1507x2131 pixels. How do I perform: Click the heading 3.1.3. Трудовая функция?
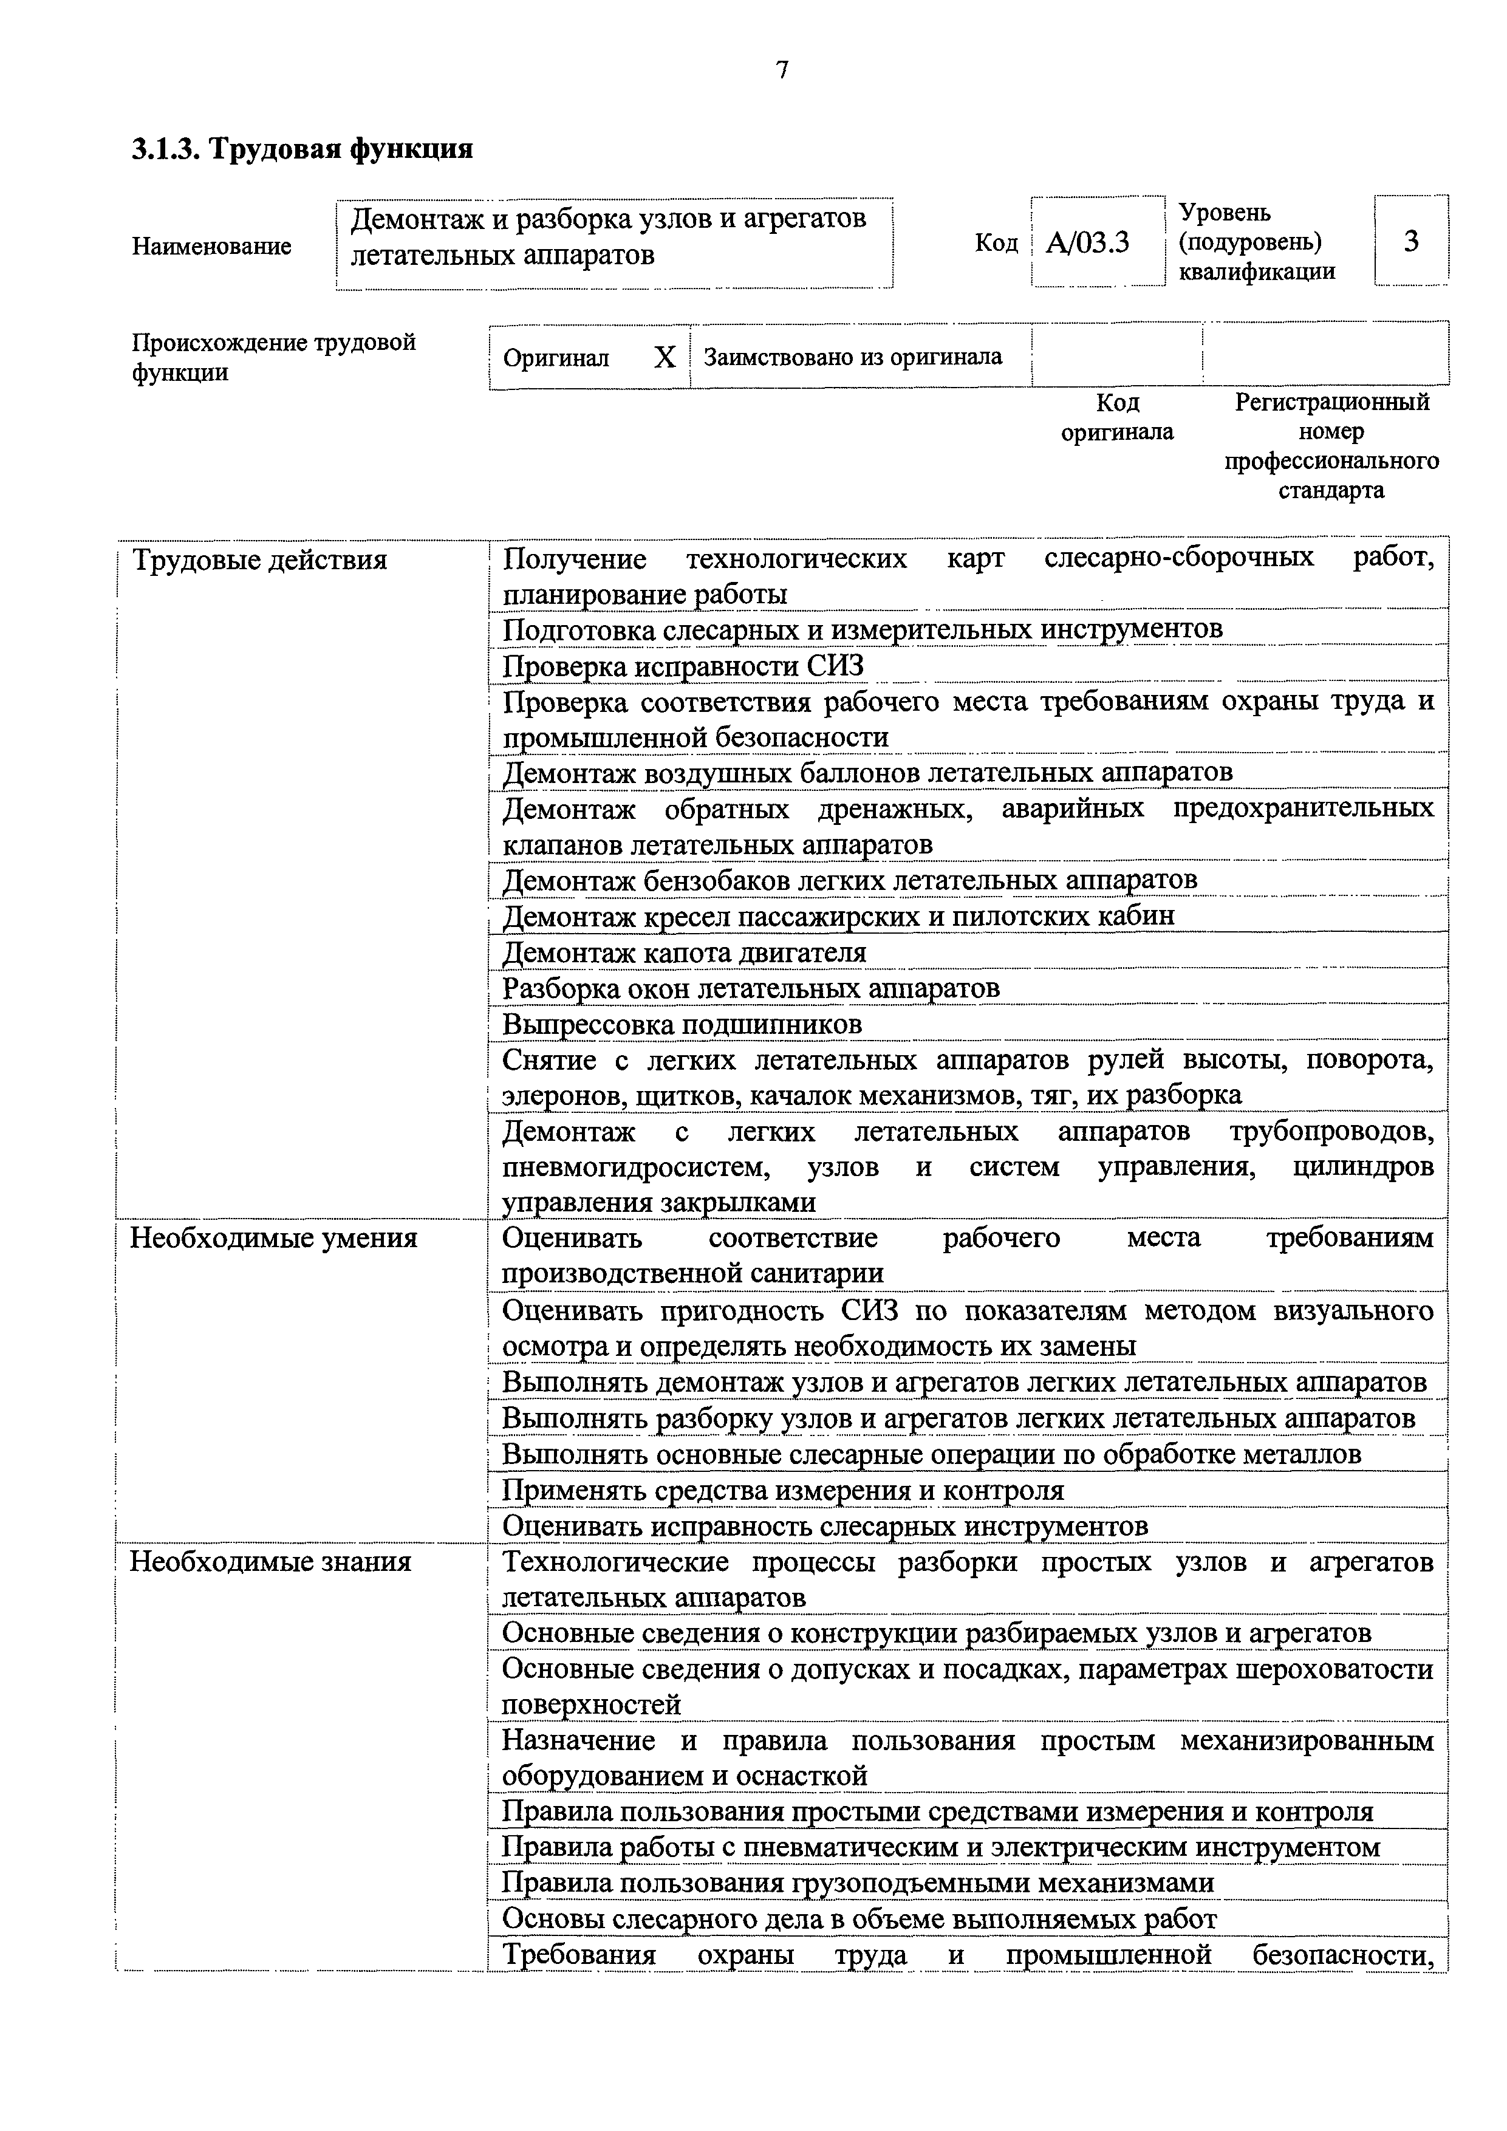pyautogui.click(x=302, y=148)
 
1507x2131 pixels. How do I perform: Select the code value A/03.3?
pyautogui.click(x=1087, y=243)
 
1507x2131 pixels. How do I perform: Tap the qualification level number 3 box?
pyautogui.click(x=1410, y=241)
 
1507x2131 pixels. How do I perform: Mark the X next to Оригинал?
pyautogui.click(x=665, y=357)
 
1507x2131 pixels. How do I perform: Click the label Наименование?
pyautogui.click(x=211, y=246)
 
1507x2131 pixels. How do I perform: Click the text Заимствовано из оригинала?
pyautogui.click(x=853, y=357)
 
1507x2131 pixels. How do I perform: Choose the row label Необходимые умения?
pyautogui.click(x=274, y=1238)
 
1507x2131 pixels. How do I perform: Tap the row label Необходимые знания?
pyautogui.click(x=270, y=1561)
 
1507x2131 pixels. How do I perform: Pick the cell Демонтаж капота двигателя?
pyautogui.click(x=684, y=953)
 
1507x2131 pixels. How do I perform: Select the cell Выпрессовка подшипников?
pyautogui.click(x=682, y=1025)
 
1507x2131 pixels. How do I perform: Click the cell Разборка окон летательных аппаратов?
pyautogui.click(x=751, y=988)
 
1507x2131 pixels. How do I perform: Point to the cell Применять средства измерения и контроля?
pyautogui.click(x=782, y=1491)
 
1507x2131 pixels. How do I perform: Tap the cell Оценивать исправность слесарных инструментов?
pyautogui.click(x=825, y=1526)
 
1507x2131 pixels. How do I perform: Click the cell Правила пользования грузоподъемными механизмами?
pyautogui.click(x=858, y=1883)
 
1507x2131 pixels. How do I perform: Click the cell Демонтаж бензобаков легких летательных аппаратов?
pyautogui.click(x=849, y=880)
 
